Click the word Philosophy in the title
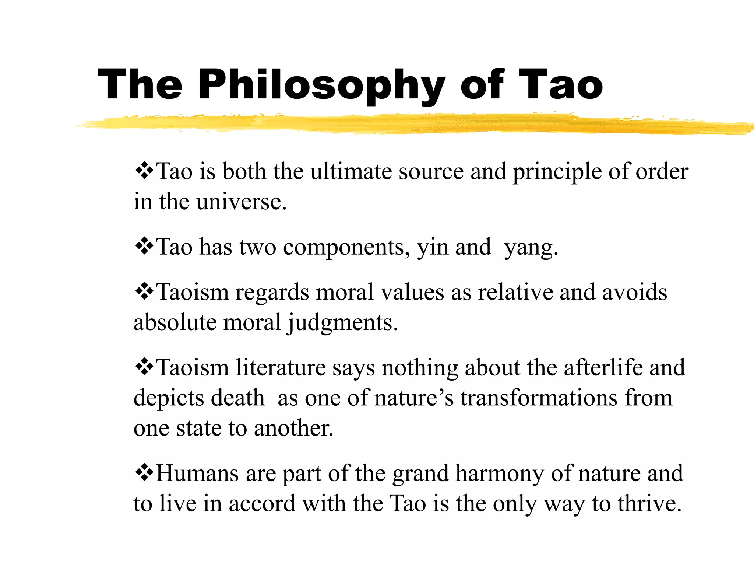pos(321,85)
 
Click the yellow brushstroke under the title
pos(405,125)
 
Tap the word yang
pos(531,248)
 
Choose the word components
pos(346,248)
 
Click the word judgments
pos(342,323)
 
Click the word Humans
pos(197,473)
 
